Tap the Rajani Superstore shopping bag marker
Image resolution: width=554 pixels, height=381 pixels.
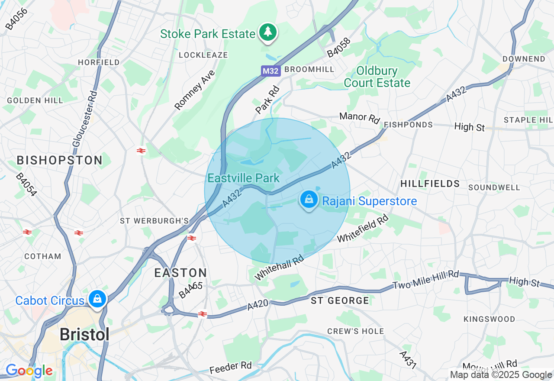(309, 200)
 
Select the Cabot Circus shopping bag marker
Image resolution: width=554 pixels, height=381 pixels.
(98, 299)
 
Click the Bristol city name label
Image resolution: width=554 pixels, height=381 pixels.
(84, 334)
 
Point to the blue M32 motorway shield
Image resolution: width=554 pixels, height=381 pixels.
(271, 71)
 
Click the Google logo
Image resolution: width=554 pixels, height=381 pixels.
(29, 371)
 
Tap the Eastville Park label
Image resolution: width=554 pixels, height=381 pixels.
(243, 178)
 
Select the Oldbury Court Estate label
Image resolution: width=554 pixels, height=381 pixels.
(377, 77)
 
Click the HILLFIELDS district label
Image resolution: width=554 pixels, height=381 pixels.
(430, 184)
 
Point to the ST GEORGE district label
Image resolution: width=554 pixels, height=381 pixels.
(340, 300)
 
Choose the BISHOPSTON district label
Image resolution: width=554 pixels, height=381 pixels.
(60, 160)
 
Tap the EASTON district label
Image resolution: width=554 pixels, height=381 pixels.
(181, 273)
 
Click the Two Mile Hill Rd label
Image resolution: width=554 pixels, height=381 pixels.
(425, 280)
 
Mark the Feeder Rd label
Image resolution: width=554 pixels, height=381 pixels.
(230, 367)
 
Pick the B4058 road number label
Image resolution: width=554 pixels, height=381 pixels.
(338, 48)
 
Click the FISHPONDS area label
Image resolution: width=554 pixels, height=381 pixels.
(408, 125)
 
